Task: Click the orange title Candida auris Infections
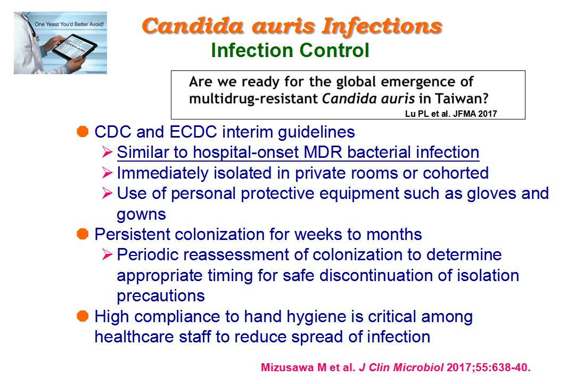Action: (292, 27)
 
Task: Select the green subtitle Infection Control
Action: (290, 50)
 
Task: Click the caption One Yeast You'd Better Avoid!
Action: (69, 24)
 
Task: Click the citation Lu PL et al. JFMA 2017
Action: (451, 114)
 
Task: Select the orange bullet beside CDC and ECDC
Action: (83, 132)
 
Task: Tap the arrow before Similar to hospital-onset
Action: (107, 152)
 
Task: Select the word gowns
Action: (141, 214)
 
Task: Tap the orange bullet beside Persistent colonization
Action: (83, 234)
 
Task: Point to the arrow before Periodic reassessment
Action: (107, 254)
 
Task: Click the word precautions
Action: (161, 296)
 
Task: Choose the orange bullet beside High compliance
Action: (83, 316)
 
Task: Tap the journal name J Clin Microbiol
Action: (401, 367)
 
